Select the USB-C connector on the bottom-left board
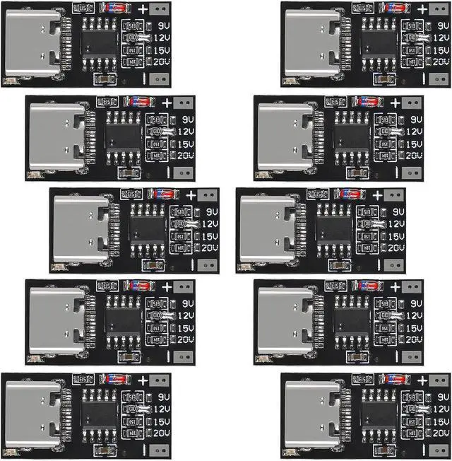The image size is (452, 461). tap(30, 410)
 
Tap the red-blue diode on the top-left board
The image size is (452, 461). tap(114, 8)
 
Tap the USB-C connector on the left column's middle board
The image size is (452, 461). tap(79, 226)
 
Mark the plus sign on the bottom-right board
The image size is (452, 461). tap(422, 380)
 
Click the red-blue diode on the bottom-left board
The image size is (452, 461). tap(114, 380)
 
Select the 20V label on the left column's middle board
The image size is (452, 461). tap(209, 248)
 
